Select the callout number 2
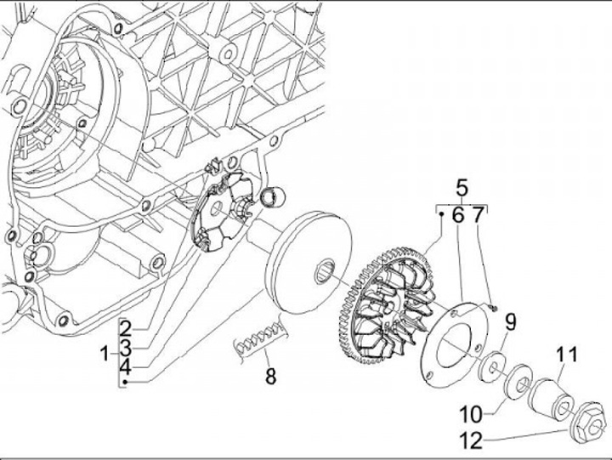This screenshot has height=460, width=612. coord(124,327)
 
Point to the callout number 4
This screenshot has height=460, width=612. coord(124,367)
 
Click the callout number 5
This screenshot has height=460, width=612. coord(462,188)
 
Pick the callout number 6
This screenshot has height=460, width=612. coord(456,216)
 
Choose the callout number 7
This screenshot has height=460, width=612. coord(478,216)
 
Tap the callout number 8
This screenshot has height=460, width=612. coord(270,374)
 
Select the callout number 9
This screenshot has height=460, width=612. coord(511,321)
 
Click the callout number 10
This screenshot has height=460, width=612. coord(472,414)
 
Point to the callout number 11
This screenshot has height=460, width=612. coord(566,354)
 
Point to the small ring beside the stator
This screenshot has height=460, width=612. coord(273,198)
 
